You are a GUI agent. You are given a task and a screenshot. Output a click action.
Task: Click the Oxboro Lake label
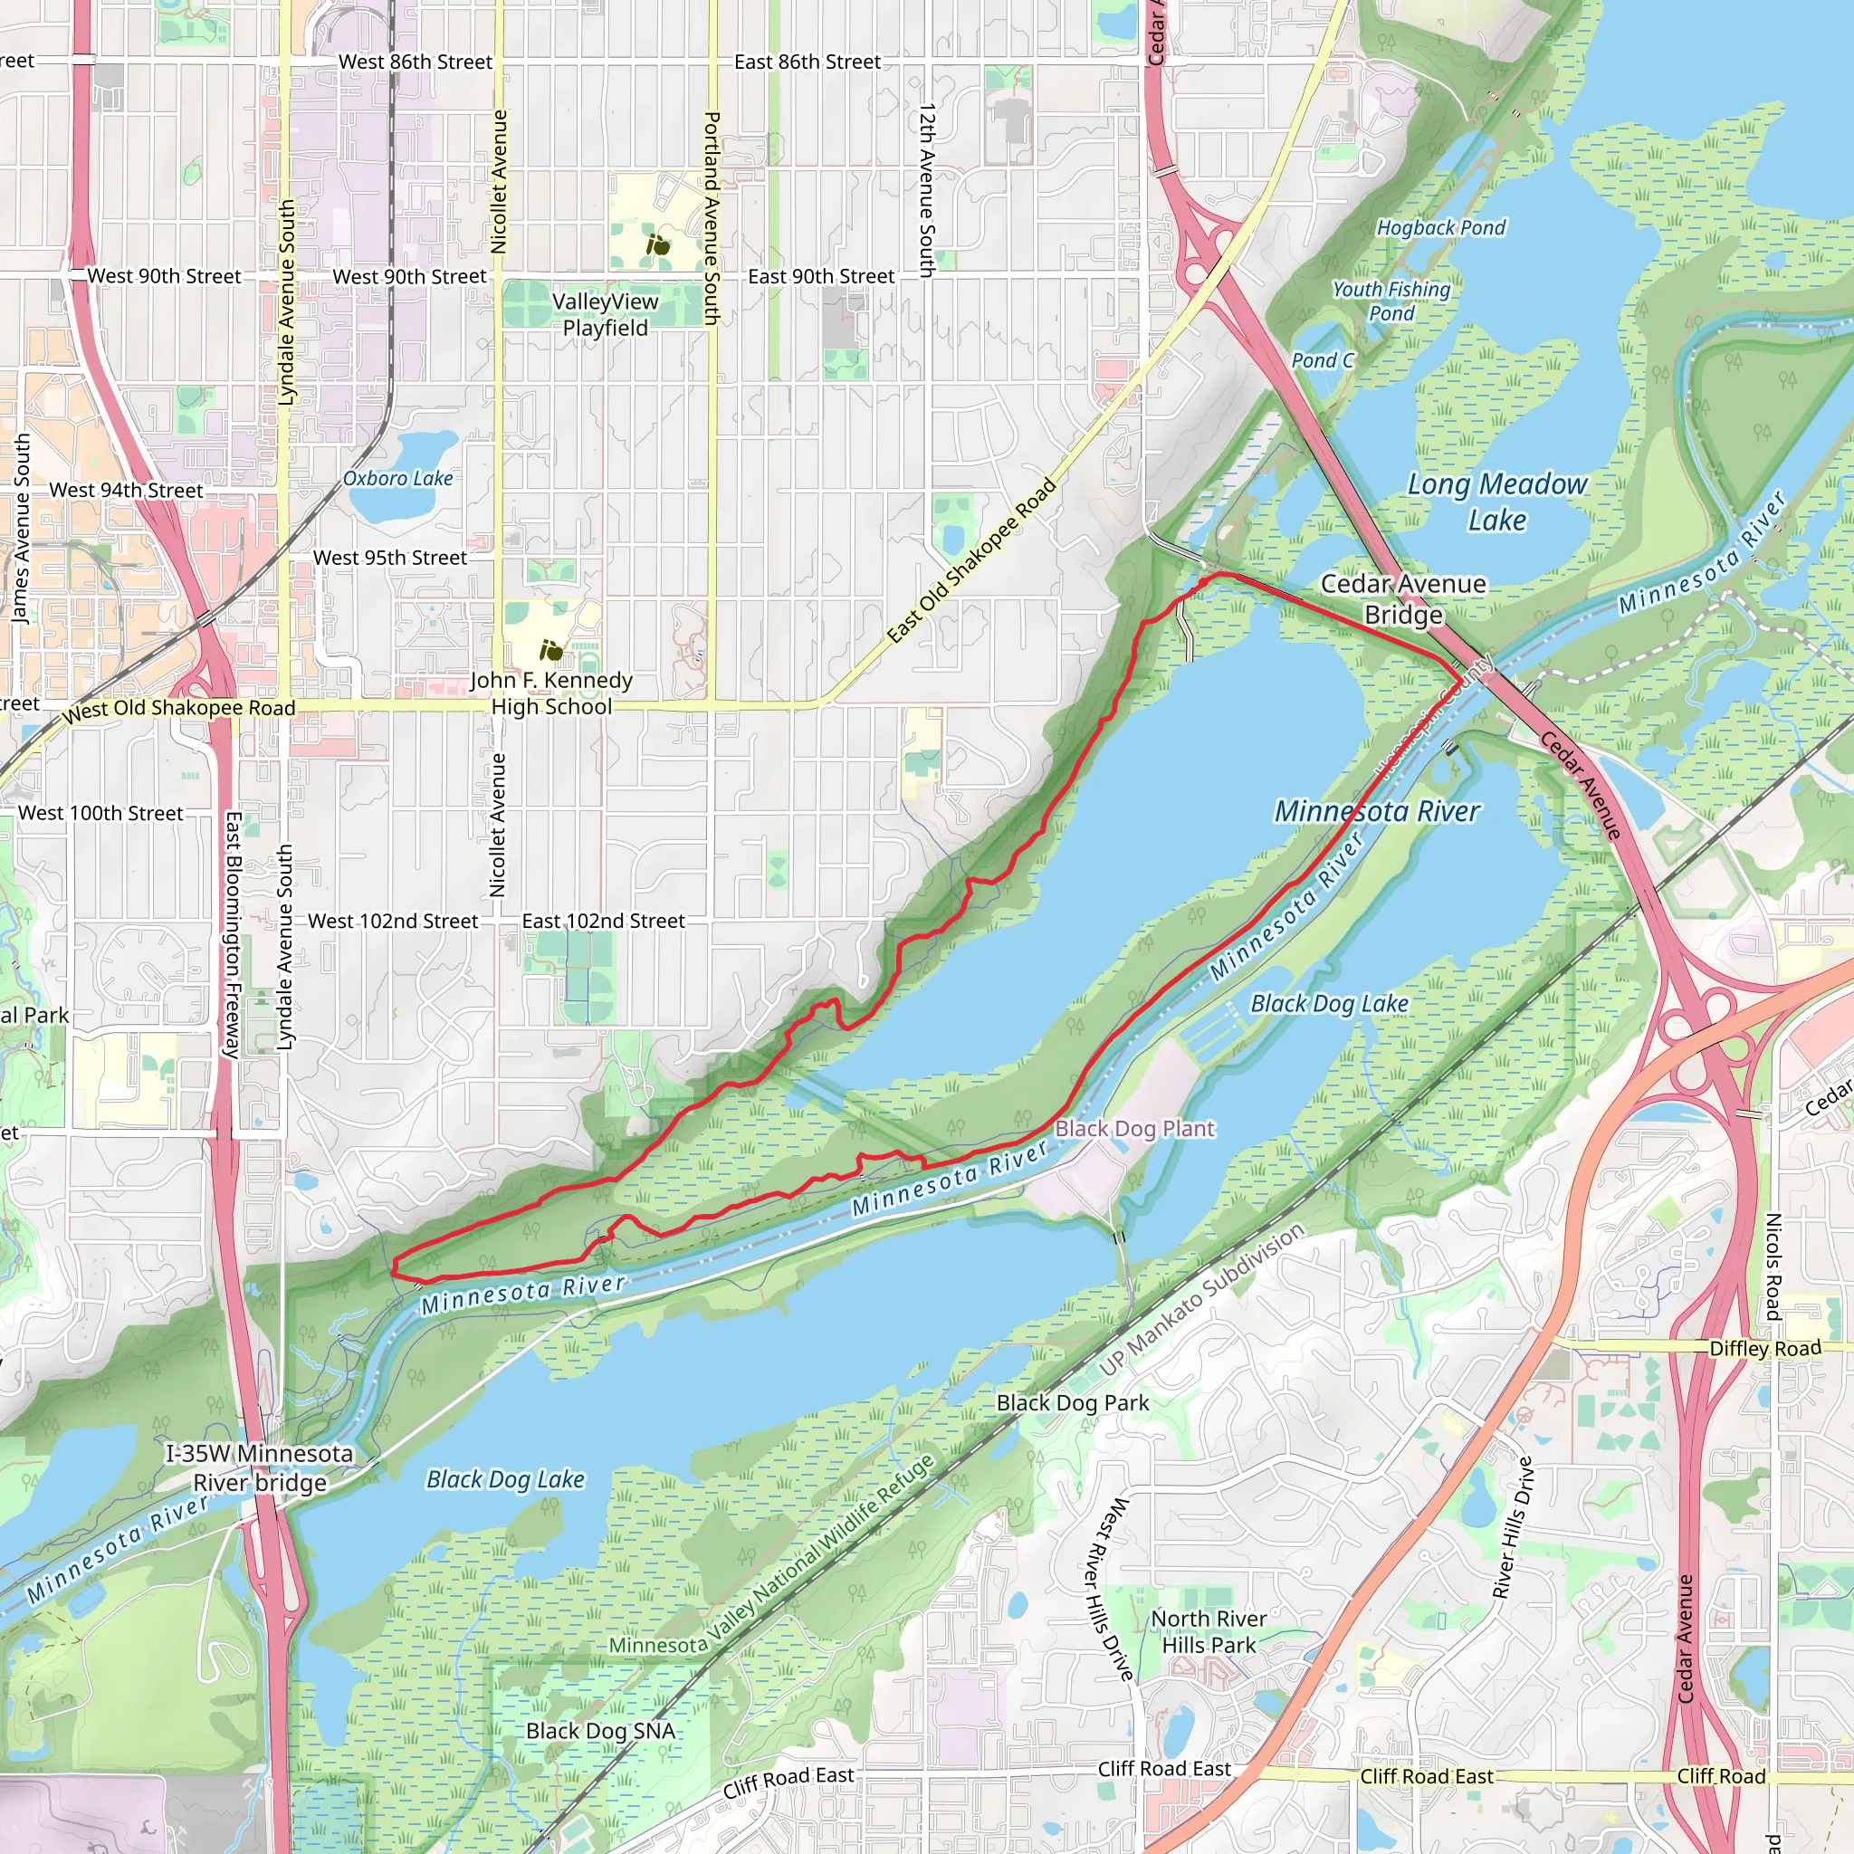(x=397, y=478)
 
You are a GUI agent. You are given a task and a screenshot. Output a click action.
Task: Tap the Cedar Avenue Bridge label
(x=1403, y=598)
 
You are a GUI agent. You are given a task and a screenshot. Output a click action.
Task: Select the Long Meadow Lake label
(x=1497, y=502)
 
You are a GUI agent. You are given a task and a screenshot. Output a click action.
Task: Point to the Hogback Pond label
(x=1440, y=227)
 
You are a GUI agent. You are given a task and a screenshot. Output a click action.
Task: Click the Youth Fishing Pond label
(x=1390, y=301)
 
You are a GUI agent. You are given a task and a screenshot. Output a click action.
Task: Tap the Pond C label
(x=1323, y=360)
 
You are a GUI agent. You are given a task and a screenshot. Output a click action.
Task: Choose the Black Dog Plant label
(x=1134, y=1129)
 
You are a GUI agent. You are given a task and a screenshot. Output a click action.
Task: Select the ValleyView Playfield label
(x=605, y=315)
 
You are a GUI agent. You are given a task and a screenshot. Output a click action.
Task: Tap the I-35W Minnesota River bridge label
(x=260, y=1468)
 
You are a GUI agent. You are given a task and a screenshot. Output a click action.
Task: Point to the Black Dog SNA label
(x=601, y=1731)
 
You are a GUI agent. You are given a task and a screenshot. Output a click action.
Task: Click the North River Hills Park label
(x=1209, y=1631)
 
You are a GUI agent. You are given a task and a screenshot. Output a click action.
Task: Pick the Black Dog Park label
(x=1072, y=1403)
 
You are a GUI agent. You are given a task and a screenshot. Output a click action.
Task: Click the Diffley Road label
(x=1764, y=1348)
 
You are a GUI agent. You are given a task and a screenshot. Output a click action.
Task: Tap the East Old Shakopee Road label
(x=971, y=560)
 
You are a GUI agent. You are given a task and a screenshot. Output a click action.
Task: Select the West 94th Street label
(x=126, y=491)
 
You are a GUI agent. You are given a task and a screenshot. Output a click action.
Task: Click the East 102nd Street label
(x=603, y=922)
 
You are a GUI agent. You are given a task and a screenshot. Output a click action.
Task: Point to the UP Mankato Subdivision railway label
(x=1201, y=1298)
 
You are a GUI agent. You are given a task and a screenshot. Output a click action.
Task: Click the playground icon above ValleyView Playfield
(x=658, y=245)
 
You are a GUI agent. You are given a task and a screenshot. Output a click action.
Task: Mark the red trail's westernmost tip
(x=395, y=1269)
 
